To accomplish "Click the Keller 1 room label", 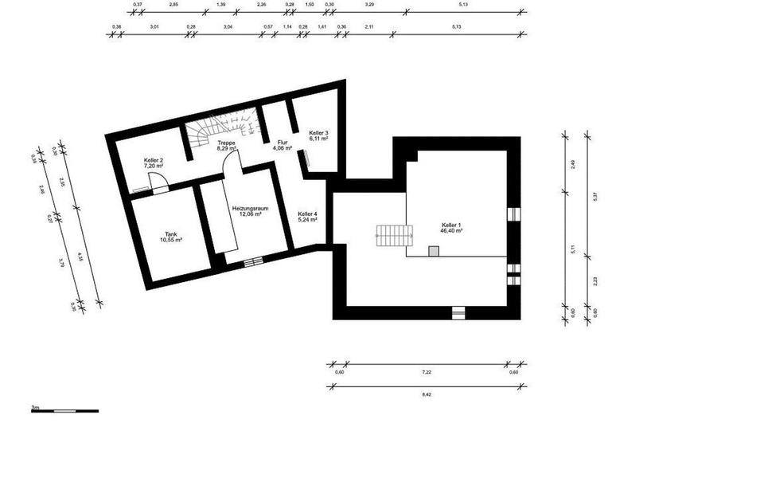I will coord(451,226).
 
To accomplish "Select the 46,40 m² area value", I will coord(451,233).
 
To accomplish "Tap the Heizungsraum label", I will coord(249,207).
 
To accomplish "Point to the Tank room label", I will coord(171,233).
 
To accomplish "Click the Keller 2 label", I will coord(154,160).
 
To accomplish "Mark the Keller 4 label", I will coord(307,214).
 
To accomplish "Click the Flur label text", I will coord(282,142).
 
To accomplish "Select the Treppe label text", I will coord(226,142).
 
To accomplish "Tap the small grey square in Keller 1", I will coord(434,251).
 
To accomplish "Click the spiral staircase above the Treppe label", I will coord(223,123).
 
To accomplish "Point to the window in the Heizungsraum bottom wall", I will coord(253,261).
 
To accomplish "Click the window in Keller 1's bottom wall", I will coord(459,313).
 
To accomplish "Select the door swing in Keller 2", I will coord(159,183).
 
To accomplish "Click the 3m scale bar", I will coord(64,411).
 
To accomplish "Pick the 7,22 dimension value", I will coord(426,372).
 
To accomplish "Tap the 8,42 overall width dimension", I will coord(426,394).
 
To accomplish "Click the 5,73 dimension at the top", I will coord(456,27).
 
